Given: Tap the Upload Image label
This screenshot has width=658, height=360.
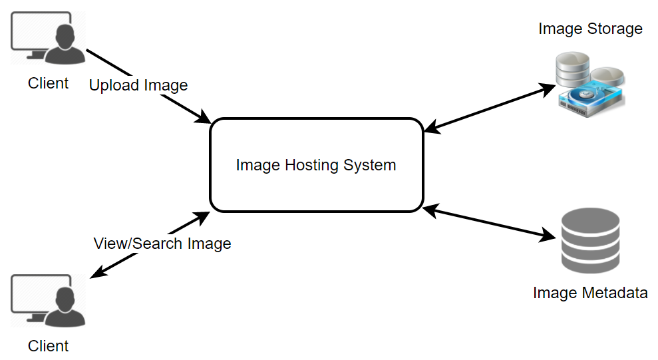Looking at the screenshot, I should coord(138,85).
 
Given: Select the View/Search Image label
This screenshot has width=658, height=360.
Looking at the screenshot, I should coord(162,244).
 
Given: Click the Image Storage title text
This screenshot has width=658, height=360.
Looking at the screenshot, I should coord(590,29).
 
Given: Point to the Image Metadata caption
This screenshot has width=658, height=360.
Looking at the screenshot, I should coord(590,293).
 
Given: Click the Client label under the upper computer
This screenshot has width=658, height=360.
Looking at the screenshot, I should coord(48,83).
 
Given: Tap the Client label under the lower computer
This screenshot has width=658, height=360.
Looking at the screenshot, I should coord(48,346).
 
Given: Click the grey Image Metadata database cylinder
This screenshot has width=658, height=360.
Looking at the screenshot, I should coord(590,241).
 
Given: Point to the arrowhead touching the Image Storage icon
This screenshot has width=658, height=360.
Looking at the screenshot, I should coord(550,86).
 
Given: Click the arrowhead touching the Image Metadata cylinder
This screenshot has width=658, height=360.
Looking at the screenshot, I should coord(550,235).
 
